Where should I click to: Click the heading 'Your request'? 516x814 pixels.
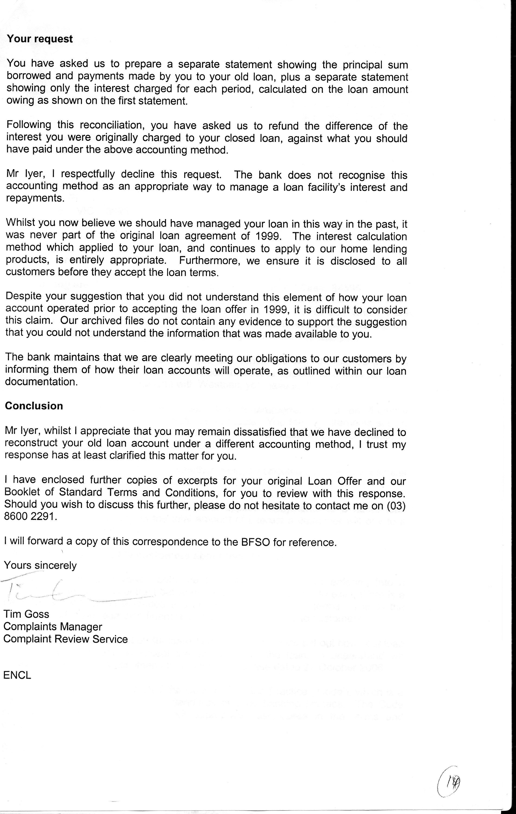(x=40, y=39)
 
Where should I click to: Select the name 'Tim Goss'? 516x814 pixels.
(x=26, y=614)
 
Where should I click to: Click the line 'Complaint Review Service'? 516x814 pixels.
(x=66, y=639)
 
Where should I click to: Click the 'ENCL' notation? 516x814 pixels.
(x=17, y=675)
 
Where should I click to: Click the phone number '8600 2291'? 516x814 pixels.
(x=29, y=517)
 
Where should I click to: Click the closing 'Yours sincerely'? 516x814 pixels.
(x=40, y=565)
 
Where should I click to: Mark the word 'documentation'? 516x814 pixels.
(x=41, y=382)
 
